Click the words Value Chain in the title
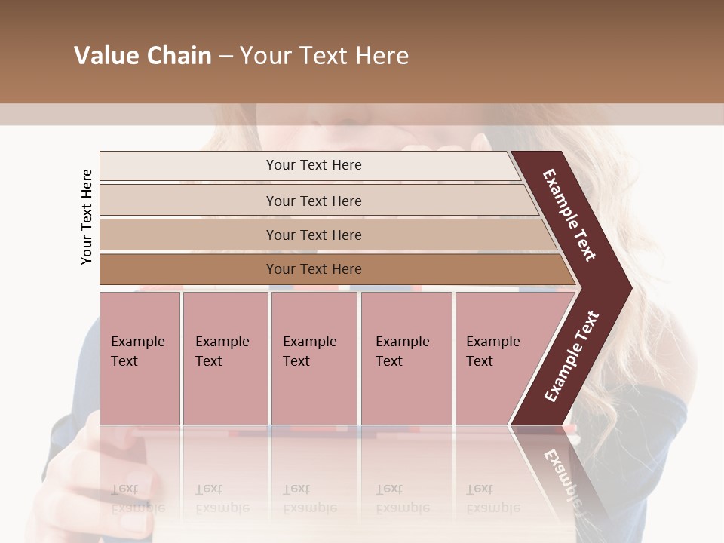coord(143,56)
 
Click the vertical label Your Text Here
coord(87,216)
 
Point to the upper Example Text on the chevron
coord(570,214)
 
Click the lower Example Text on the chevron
coord(572,356)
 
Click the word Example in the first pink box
coord(138,342)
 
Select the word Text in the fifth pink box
coord(480,361)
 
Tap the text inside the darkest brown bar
coord(314,269)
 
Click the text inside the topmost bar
coord(314,165)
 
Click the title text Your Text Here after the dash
coord(324,56)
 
